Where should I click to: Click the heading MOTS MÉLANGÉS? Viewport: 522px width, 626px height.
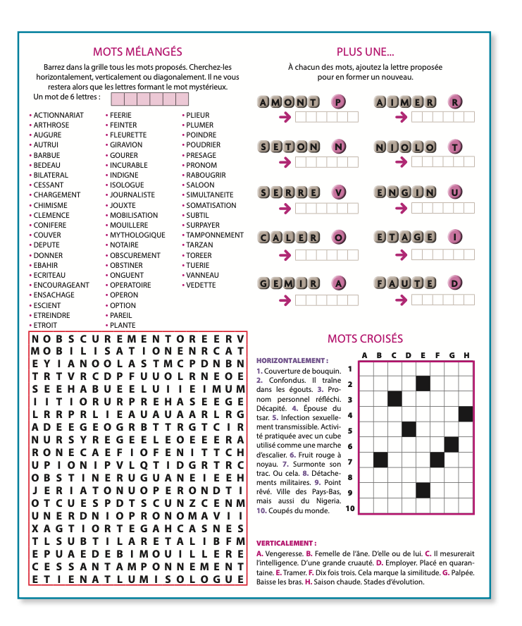point(137,51)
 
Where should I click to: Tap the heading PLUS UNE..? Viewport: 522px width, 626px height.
point(365,51)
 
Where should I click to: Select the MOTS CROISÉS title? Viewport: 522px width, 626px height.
point(365,339)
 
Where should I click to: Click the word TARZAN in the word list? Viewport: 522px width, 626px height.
point(199,245)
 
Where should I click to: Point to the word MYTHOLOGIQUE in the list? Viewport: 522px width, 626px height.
point(137,235)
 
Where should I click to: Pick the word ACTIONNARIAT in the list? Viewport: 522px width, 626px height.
point(58,115)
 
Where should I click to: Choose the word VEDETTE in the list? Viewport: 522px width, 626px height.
point(201,286)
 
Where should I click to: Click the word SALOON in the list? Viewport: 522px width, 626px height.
point(200,185)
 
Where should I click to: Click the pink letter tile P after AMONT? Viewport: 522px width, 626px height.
point(339,103)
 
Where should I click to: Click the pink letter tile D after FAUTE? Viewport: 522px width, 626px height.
point(456,284)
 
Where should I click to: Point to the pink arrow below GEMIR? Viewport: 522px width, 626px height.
point(285,300)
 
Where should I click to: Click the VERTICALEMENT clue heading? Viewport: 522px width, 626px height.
point(286,544)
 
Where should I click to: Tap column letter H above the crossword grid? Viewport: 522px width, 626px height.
point(466,355)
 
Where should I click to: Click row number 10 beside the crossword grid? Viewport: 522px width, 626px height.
point(349,508)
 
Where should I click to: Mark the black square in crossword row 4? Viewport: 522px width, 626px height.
point(466,414)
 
